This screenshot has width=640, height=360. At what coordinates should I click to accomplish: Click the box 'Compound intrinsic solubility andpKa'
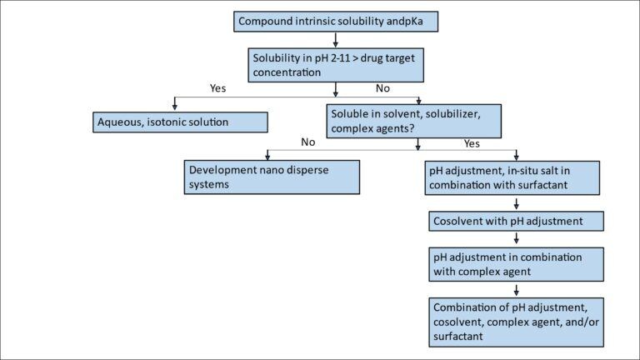pos(334,21)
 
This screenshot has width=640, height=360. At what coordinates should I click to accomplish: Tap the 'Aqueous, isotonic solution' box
pos(179,122)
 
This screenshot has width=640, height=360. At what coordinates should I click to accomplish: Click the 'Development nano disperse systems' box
pos(271,177)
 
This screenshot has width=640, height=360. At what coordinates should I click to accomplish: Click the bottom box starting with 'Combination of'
pos(517,322)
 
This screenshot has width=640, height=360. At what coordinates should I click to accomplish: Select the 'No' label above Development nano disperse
pos(307,142)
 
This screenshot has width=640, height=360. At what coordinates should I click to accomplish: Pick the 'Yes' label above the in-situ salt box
pos(472,142)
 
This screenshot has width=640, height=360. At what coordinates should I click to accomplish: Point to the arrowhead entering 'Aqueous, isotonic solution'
pos(174,106)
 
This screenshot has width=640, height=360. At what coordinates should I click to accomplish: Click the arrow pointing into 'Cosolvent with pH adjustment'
pos(516,205)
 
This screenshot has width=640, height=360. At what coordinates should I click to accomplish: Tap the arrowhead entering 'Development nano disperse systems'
pos(267,155)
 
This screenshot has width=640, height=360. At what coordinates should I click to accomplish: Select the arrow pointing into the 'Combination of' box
pos(516,291)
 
